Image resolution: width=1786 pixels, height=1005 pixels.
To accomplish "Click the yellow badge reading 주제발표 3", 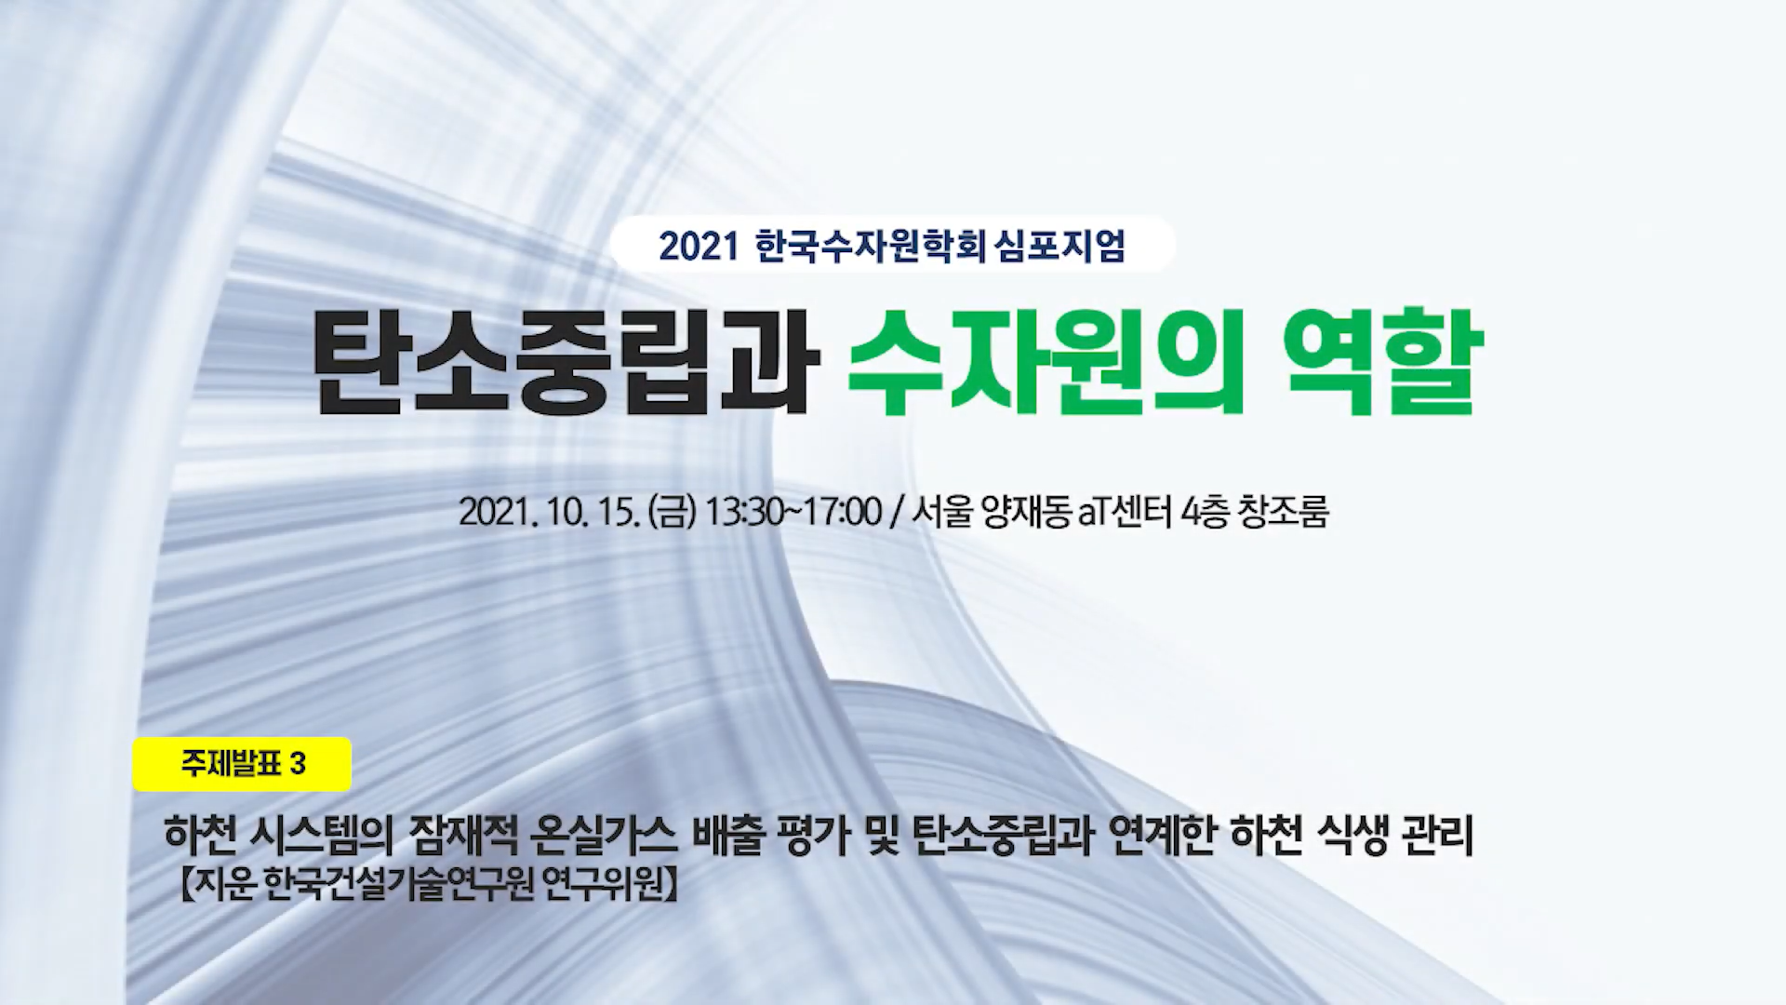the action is click(242, 764).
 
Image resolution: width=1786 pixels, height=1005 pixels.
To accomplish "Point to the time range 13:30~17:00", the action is click(793, 512).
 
